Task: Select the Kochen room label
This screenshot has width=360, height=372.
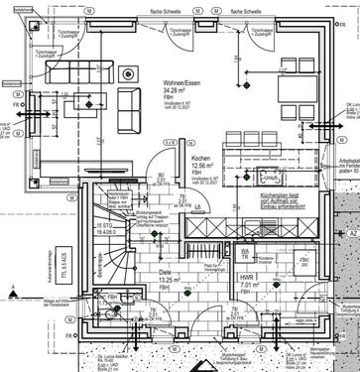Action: click(200, 159)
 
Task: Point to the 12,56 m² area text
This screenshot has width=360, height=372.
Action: click(201, 167)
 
